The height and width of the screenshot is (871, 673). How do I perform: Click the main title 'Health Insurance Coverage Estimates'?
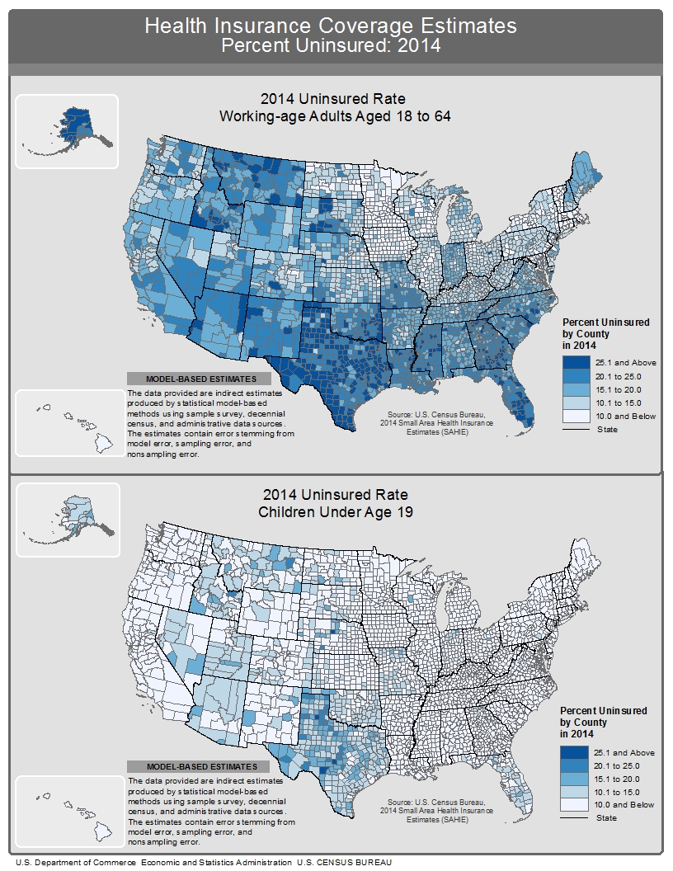pos(331,26)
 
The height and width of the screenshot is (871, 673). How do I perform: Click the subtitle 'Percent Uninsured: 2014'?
pos(331,45)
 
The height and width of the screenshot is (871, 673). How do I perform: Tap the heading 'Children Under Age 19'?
pos(335,512)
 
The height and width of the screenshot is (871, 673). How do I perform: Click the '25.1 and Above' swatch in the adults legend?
pos(577,363)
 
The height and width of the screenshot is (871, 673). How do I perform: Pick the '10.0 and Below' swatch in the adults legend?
pos(577,417)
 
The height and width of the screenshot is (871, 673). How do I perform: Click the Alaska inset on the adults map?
pos(68,131)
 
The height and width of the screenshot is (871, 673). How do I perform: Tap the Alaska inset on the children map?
pos(68,520)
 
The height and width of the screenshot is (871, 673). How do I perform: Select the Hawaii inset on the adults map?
pos(68,423)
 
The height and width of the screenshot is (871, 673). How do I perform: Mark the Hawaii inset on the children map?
pos(68,811)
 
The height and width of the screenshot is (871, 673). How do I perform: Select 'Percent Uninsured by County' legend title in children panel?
pos(603,722)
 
